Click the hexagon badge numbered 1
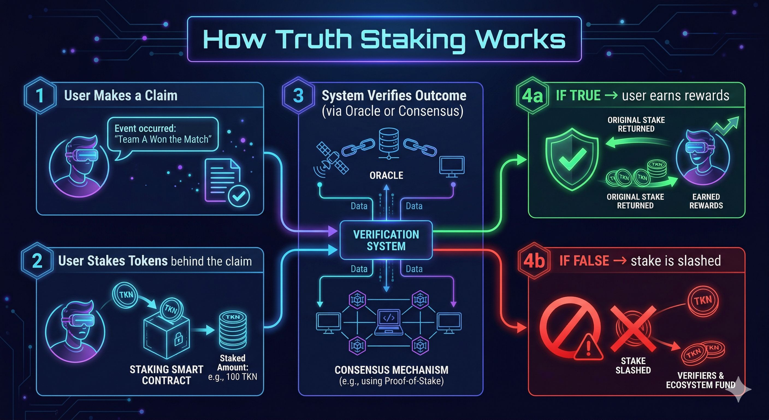click(40, 96)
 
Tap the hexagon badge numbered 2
click(37, 261)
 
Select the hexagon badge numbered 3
click(298, 96)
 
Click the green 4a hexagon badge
click(532, 96)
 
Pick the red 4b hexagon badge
click(534, 261)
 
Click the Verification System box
click(386, 240)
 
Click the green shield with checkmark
click(572, 158)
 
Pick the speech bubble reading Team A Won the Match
click(163, 135)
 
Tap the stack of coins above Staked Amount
click(233, 330)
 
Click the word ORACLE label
click(386, 176)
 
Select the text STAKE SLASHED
click(633, 365)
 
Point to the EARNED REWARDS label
click(706, 201)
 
